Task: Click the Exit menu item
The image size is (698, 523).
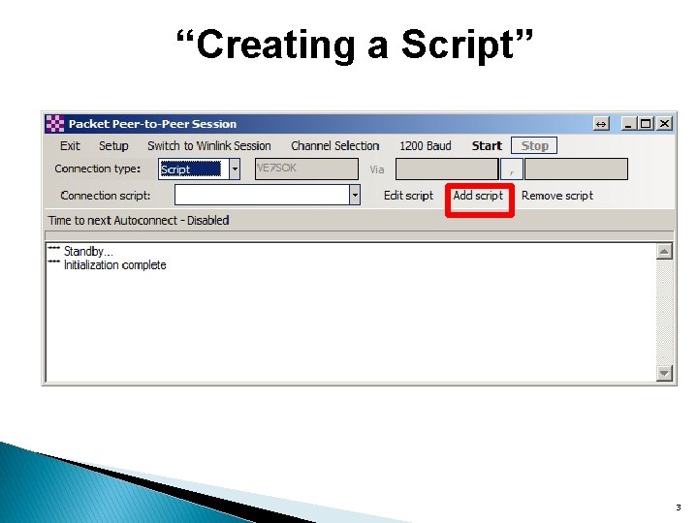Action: coord(70,146)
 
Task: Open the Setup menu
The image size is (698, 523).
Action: coord(113,146)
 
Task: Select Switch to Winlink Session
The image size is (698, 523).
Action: coord(208,146)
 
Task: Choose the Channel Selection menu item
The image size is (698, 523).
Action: coord(334,146)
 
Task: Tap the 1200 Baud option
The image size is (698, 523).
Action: coord(426,146)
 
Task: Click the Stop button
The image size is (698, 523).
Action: coord(534,146)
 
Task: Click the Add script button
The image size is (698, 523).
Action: coord(478,196)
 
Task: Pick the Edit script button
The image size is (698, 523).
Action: coord(408,196)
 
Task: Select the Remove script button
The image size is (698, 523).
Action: coord(556,196)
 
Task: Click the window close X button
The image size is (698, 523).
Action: coord(664,124)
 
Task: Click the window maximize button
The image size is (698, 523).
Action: coord(647,124)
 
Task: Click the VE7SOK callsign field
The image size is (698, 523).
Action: coord(305,169)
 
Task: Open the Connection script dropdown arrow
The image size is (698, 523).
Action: coord(355,196)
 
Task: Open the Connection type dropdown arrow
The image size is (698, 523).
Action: coord(235,169)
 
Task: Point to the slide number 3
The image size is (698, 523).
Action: coord(678,508)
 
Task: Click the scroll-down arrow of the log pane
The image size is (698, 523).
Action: coord(664,373)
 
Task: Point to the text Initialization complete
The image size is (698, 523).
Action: coord(114,265)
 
